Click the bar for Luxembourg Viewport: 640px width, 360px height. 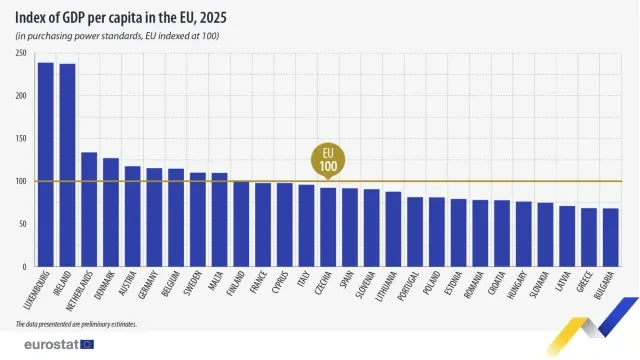(x=45, y=165)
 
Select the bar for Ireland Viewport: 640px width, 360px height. (x=67, y=166)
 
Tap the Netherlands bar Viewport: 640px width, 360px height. (x=89, y=210)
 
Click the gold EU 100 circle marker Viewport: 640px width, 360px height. (x=328, y=159)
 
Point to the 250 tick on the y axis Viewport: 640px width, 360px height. (x=20, y=53)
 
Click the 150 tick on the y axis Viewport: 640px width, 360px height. (x=20, y=139)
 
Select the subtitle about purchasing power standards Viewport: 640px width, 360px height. (x=117, y=36)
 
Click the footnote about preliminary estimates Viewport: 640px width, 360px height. (x=76, y=325)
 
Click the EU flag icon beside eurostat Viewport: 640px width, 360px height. (x=87, y=344)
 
